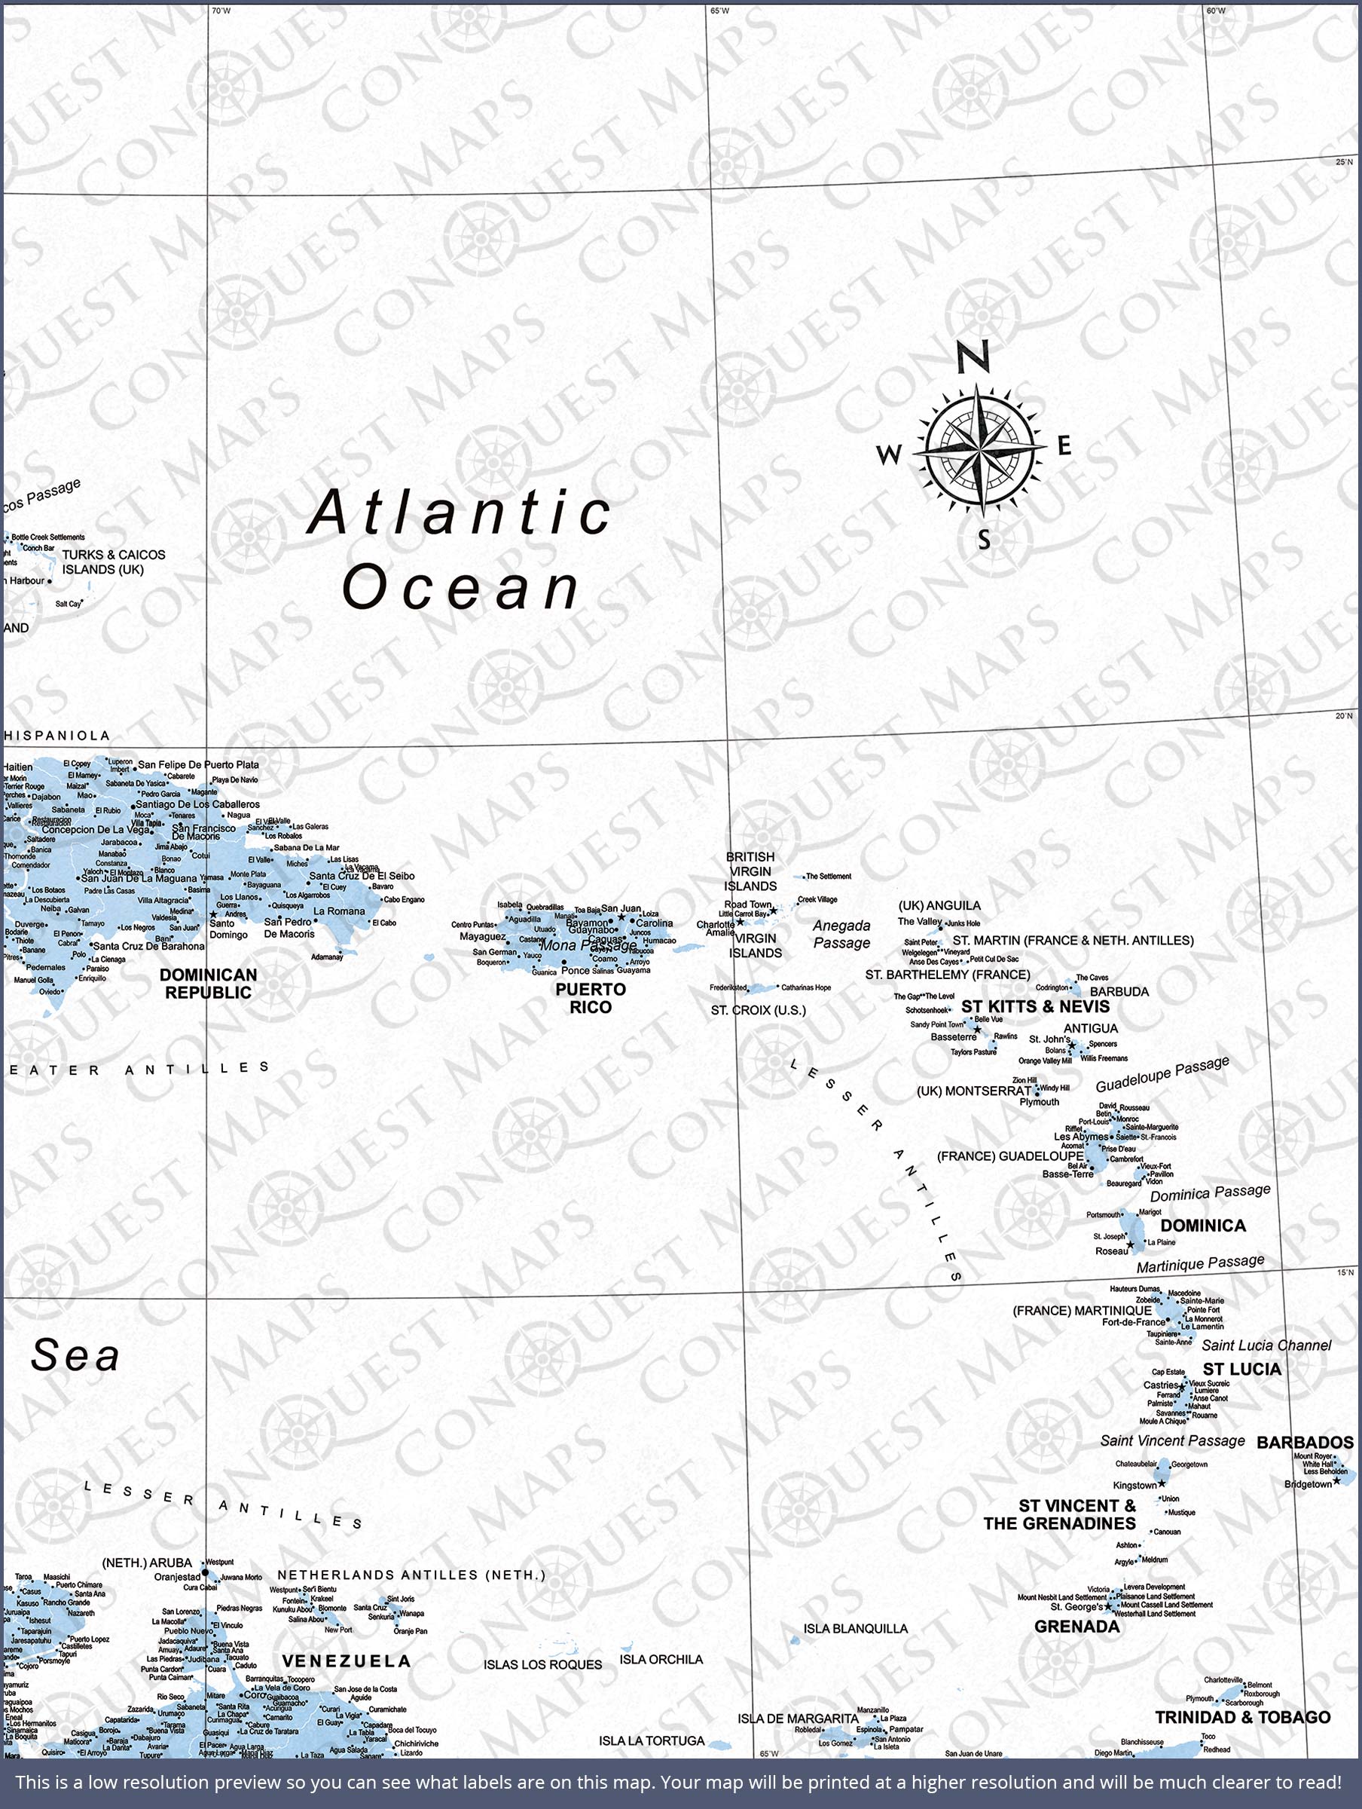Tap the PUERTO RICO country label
click(x=591, y=998)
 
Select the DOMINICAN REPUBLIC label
click(x=208, y=983)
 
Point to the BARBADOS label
click(x=1305, y=1442)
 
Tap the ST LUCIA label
click(x=1241, y=1368)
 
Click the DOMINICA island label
click(x=1202, y=1225)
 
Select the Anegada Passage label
click(x=841, y=934)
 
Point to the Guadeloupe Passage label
click(x=1162, y=1073)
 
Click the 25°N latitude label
click(x=1344, y=162)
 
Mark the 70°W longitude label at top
click(x=221, y=11)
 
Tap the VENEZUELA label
click(x=346, y=1661)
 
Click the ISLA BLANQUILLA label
click(x=855, y=1628)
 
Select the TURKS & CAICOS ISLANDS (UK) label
click(x=113, y=562)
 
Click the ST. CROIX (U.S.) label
click(x=758, y=1010)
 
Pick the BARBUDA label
click(x=1119, y=991)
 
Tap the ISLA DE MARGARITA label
click(x=798, y=1719)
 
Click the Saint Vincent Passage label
click(x=1171, y=1440)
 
